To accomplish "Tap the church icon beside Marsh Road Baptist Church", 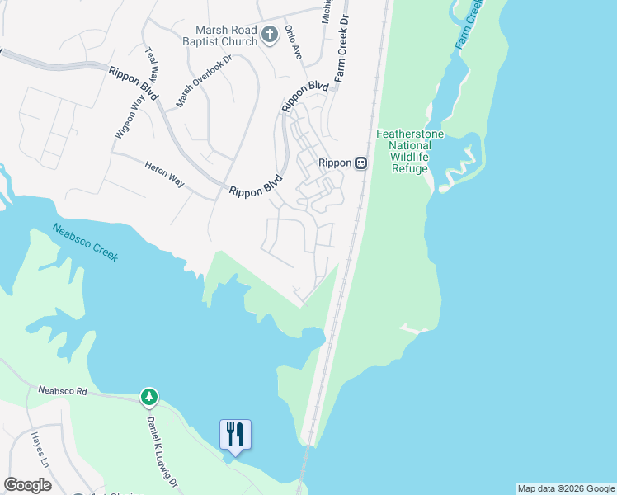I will point(269,35).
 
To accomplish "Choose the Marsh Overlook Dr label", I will point(205,82).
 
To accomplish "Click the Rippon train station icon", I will point(360,163).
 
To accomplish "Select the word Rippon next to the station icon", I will point(336,163).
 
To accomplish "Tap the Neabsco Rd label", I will point(62,391).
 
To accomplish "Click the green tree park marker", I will point(148,398).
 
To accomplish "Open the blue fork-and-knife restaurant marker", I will point(235,434).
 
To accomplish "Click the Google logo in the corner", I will point(27,485).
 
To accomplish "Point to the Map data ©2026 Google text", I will point(566,488).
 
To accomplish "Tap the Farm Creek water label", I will point(469,25).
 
